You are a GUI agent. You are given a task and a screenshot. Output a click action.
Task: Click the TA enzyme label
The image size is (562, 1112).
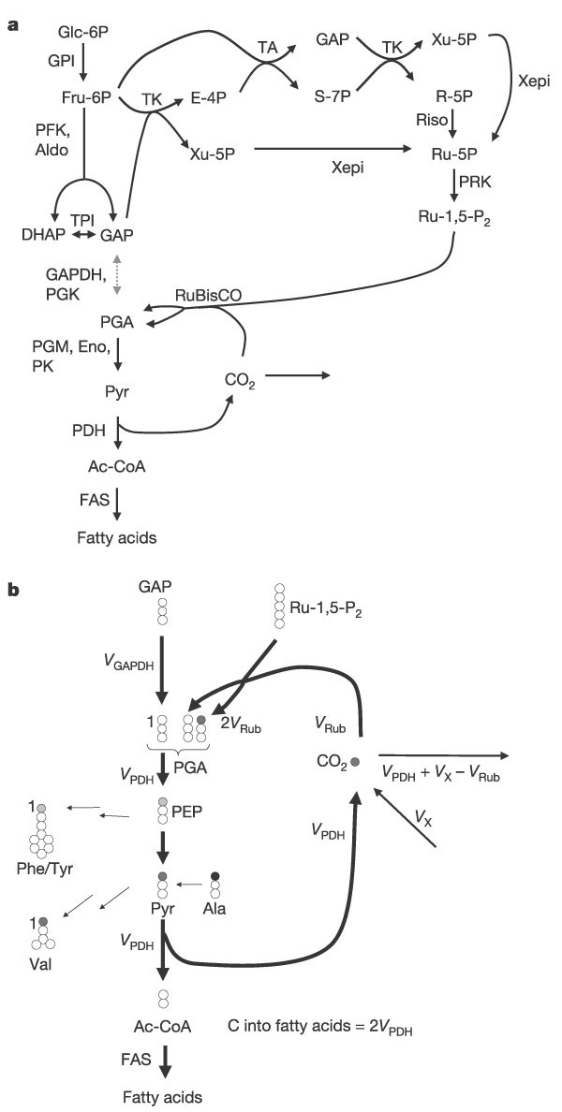click(x=267, y=46)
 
